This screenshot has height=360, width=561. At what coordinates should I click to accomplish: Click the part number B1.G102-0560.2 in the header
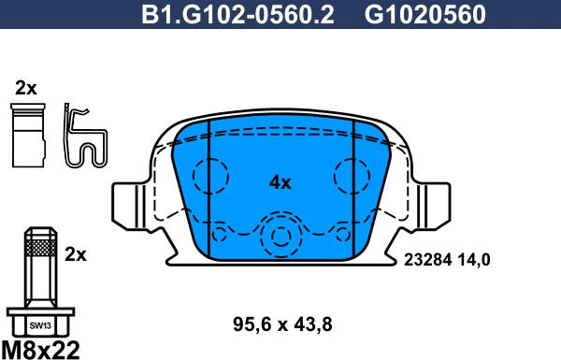tap(237, 14)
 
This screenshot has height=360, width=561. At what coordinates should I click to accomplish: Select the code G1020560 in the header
tap(425, 14)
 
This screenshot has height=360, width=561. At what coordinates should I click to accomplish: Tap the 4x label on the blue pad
tap(280, 183)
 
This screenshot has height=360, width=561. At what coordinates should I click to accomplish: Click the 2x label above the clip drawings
tap(26, 88)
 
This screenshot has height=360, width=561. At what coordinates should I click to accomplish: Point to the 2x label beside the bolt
tap(76, 254)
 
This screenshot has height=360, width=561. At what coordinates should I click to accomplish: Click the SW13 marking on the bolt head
tap(40, 325)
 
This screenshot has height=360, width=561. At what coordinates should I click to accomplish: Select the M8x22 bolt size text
tap(40, 350)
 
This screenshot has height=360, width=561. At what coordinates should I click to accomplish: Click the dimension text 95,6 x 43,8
tap(282, 324)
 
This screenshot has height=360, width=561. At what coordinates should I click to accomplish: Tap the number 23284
tap(427, 260)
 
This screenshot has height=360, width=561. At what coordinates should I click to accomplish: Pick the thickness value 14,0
tap(473, 260)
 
